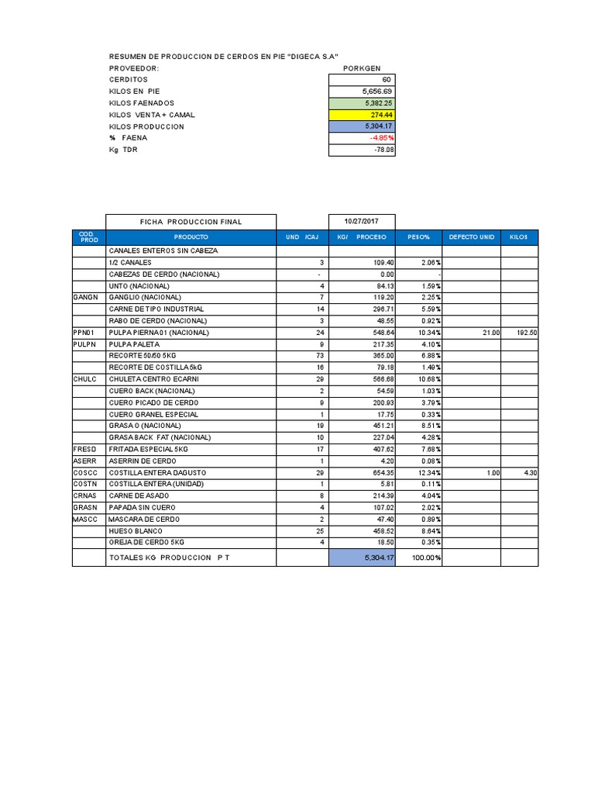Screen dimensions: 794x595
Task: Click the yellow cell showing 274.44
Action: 363,115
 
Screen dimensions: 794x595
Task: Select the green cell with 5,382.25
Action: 363,103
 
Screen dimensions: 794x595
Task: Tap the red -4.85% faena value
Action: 363,138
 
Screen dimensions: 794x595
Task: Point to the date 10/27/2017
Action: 363,222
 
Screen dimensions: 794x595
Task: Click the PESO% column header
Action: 418,236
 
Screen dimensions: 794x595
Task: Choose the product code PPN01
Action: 84,333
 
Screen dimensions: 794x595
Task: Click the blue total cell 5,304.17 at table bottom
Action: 363,558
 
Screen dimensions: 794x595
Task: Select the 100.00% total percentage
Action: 425,558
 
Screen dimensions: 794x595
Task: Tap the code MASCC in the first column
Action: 84,519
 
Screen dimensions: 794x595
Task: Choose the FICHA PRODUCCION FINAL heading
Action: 191,222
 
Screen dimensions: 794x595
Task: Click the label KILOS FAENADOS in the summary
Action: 142,103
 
